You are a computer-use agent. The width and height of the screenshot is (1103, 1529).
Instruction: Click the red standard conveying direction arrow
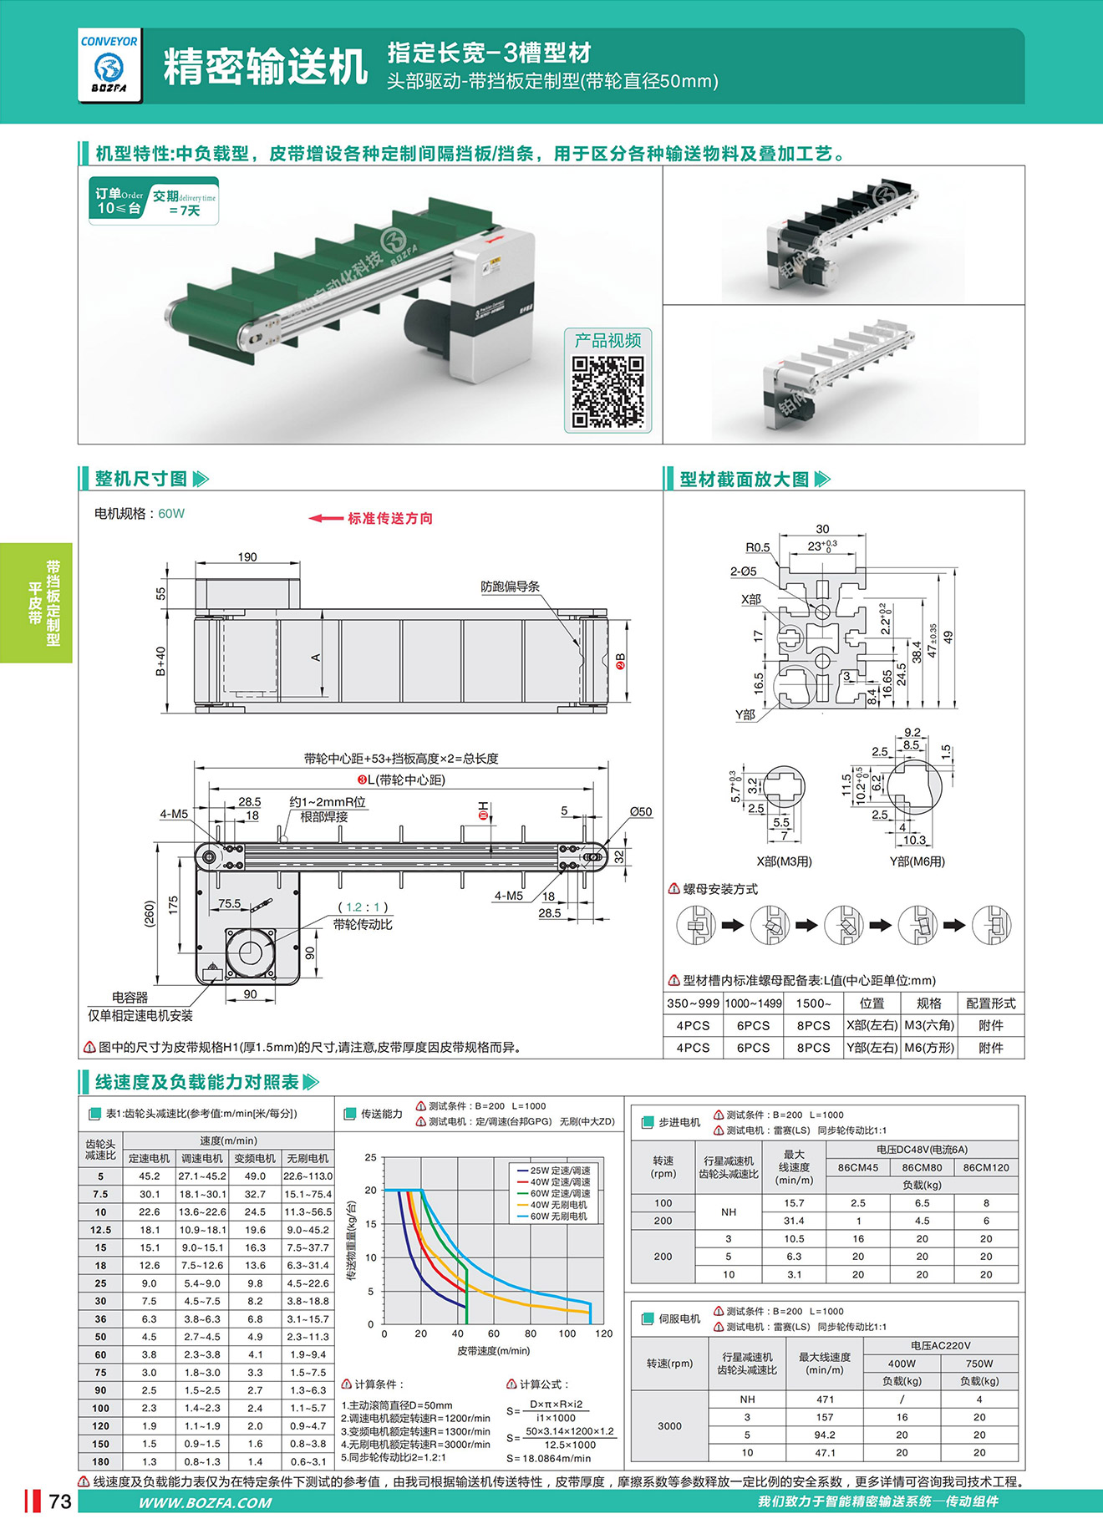326,518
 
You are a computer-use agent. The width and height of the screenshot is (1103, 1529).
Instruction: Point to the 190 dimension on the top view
247,557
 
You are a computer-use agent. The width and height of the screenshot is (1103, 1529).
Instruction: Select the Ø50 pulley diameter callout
641,811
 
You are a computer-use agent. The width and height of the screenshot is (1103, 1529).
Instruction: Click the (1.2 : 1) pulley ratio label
363,907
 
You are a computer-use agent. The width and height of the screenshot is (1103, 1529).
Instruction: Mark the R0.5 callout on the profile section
758,547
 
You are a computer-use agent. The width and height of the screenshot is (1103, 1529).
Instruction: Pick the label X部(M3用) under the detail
784,861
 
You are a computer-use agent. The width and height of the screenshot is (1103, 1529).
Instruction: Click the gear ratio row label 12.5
100,1229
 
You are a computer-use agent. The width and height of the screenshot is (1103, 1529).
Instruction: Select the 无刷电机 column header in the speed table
308,1158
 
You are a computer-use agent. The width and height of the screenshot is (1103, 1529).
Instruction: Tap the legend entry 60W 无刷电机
558,1216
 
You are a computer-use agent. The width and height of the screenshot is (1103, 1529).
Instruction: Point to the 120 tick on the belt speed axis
603,1333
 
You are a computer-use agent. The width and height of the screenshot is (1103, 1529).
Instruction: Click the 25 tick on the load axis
370,1157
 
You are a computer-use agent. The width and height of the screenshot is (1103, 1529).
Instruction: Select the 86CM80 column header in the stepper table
922,1167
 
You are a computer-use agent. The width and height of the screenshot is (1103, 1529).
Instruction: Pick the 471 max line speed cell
825,1399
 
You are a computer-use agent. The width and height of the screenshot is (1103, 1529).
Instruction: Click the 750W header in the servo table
979,1363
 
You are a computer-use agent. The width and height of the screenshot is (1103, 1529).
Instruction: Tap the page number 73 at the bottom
60,1501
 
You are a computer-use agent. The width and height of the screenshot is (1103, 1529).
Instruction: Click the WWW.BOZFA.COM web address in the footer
205,1502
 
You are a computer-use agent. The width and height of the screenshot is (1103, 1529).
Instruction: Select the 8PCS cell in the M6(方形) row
813,1048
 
